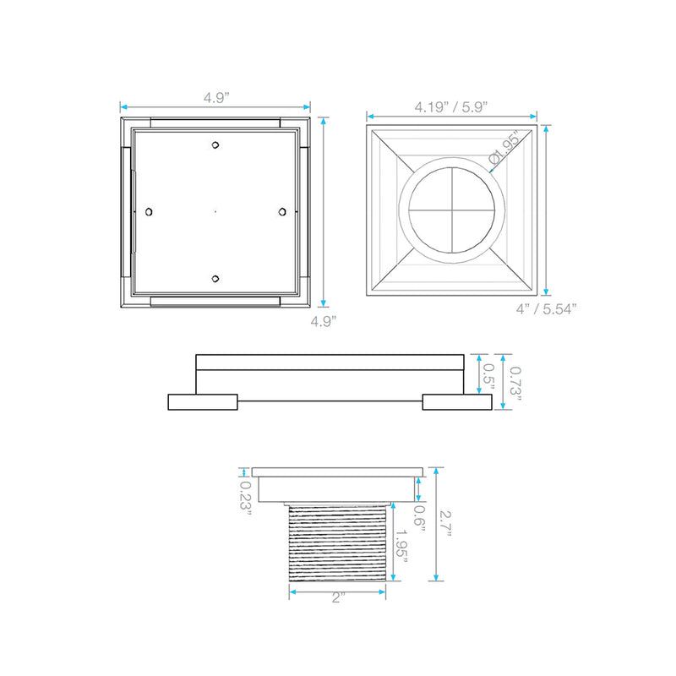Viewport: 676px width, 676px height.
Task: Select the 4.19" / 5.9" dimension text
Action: point(450,107)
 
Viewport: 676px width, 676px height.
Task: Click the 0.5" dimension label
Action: point(488,379)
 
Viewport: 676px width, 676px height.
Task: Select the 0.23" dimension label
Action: point(246,501)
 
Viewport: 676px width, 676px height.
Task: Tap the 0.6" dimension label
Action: point(418,517)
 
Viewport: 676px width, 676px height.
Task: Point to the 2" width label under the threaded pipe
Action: point(338,599)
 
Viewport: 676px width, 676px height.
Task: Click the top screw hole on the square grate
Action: point(216,144)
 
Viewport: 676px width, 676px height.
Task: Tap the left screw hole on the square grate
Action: point(150,211)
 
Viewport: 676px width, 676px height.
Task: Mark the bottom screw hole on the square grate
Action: point(216,278)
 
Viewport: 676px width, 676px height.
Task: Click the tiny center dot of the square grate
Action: point(216,211)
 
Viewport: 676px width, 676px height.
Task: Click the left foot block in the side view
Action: point(203,402)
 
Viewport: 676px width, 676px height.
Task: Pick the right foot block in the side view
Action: point(457,402)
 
